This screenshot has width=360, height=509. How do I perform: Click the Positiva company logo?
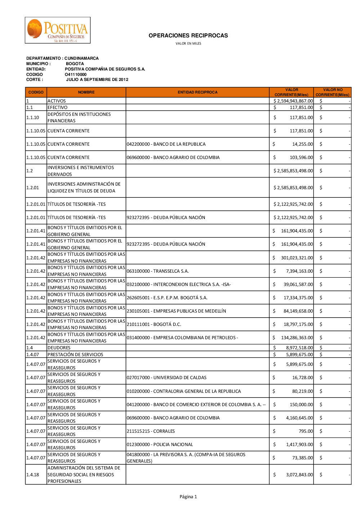(x=58, y=30)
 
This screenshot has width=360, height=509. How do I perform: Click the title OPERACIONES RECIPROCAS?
(x=188, y=36)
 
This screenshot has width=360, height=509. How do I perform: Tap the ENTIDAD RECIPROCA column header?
(x=197, y=92)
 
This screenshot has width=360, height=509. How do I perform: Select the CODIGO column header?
(x=36, y=92)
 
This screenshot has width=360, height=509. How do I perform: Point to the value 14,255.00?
(x=302, y=144)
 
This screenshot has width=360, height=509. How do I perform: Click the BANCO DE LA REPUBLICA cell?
(x=166, y=144)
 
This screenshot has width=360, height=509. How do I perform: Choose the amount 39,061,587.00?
(x=298, y=285)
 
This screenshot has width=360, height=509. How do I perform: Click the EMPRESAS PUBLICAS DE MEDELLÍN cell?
(x=176, y=311)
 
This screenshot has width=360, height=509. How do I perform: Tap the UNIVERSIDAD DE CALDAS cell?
(x=166, y=378)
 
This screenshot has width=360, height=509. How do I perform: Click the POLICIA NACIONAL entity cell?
(x=160, y=445)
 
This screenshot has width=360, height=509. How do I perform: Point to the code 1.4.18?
(x=33, y=475)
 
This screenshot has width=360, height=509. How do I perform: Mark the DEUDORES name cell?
(x=59, y=348)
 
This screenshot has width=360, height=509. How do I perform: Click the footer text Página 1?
(x=188, y=497)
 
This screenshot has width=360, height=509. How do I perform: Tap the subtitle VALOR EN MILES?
(x=188, y=44)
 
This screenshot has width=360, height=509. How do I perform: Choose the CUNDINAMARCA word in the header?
(x=81, y=58)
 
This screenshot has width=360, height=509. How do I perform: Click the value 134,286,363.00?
(x=297, y=338)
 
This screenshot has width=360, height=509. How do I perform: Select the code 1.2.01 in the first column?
(x=32, y=188)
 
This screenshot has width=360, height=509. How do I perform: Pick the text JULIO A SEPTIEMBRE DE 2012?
(x=97, y=79)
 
